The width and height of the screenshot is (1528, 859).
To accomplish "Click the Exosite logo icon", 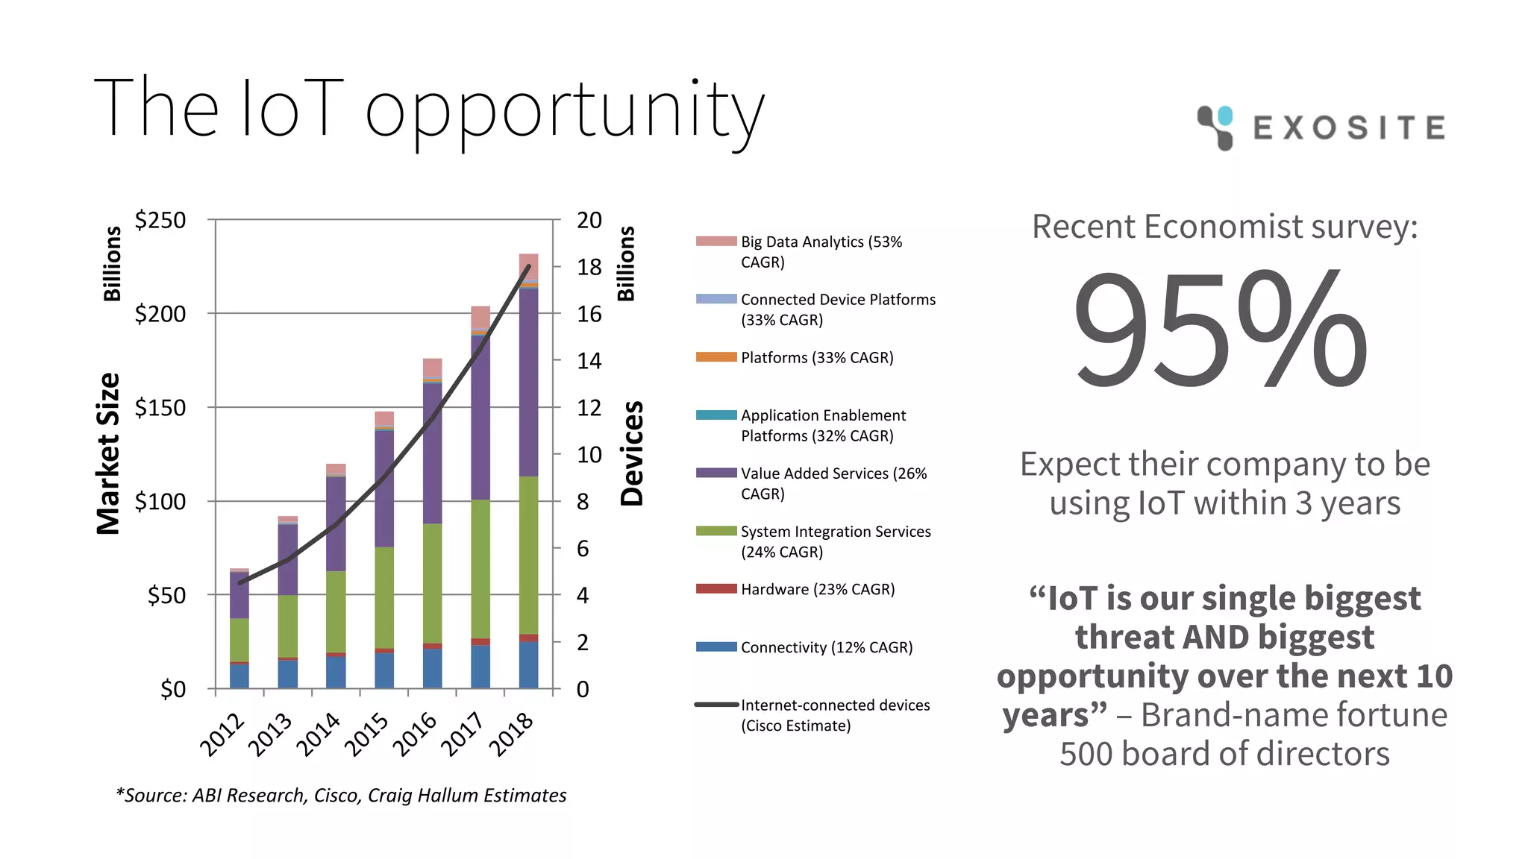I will pos(1215,127).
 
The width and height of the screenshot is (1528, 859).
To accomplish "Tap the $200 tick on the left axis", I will pos(160,314).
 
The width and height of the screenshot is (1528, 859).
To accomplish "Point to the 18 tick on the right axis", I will pos(589,267).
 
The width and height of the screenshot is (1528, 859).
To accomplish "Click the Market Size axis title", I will pos(109,453).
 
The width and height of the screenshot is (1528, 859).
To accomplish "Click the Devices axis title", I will pos(631,453).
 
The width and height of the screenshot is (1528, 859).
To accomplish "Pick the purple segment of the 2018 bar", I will pos(528,380).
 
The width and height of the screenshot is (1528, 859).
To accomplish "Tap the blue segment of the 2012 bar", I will pos(239,676).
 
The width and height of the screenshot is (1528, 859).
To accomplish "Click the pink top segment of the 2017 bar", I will pos(480,316).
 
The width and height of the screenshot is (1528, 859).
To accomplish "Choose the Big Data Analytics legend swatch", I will pos(716,241).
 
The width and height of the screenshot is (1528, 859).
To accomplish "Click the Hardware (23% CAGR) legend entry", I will pos(817,589).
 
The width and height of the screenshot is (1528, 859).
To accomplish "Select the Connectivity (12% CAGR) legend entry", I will pos(826,647).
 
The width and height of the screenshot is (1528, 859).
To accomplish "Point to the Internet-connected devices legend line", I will pos(716,705).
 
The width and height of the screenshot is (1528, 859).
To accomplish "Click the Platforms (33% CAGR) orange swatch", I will pos(716,357).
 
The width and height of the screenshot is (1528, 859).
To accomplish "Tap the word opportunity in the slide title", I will pos(564,112).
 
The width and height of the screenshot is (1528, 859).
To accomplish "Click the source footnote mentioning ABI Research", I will pos(341,796).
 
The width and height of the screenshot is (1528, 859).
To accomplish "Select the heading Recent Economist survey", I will pos(1224,227).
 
